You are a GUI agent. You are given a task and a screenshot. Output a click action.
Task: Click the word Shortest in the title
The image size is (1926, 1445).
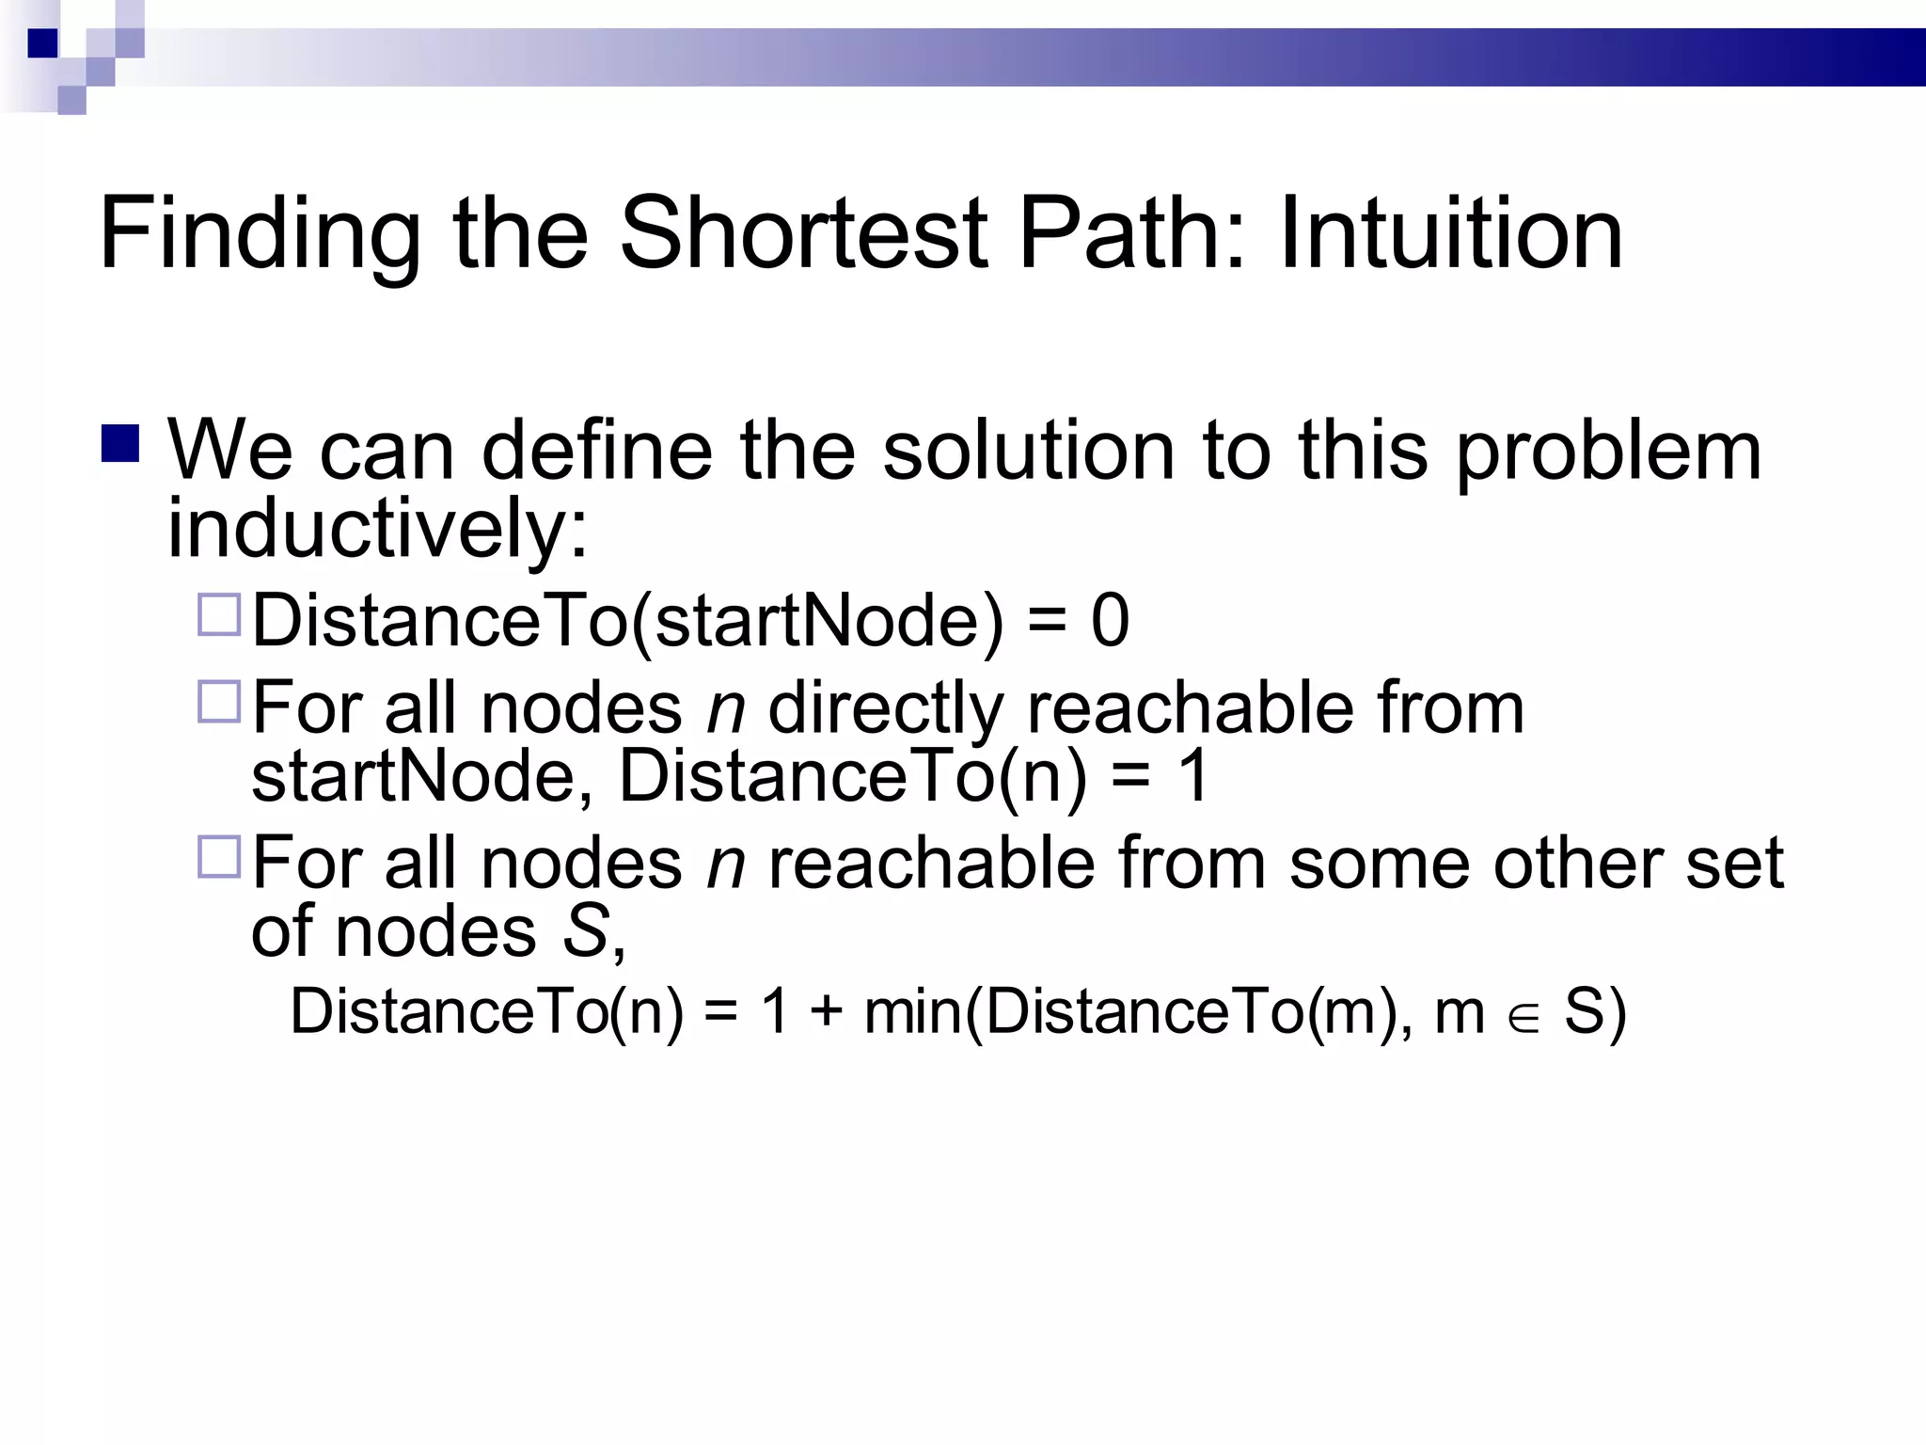point(804,232)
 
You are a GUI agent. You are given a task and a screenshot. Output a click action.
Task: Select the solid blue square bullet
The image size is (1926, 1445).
point(120,444)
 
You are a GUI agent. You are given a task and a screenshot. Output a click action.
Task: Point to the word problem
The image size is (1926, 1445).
point(1608,452)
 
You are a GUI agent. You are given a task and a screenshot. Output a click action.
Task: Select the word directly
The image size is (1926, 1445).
point(885,708)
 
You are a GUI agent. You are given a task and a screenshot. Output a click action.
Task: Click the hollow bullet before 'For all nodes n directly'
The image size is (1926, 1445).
point(220,702)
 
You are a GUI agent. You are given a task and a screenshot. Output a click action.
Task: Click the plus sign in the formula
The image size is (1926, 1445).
point(826,1013)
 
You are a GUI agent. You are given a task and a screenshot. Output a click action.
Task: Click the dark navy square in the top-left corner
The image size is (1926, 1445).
point(43,43)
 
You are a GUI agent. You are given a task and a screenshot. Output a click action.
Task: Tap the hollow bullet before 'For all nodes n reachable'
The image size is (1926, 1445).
point(220,857)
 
